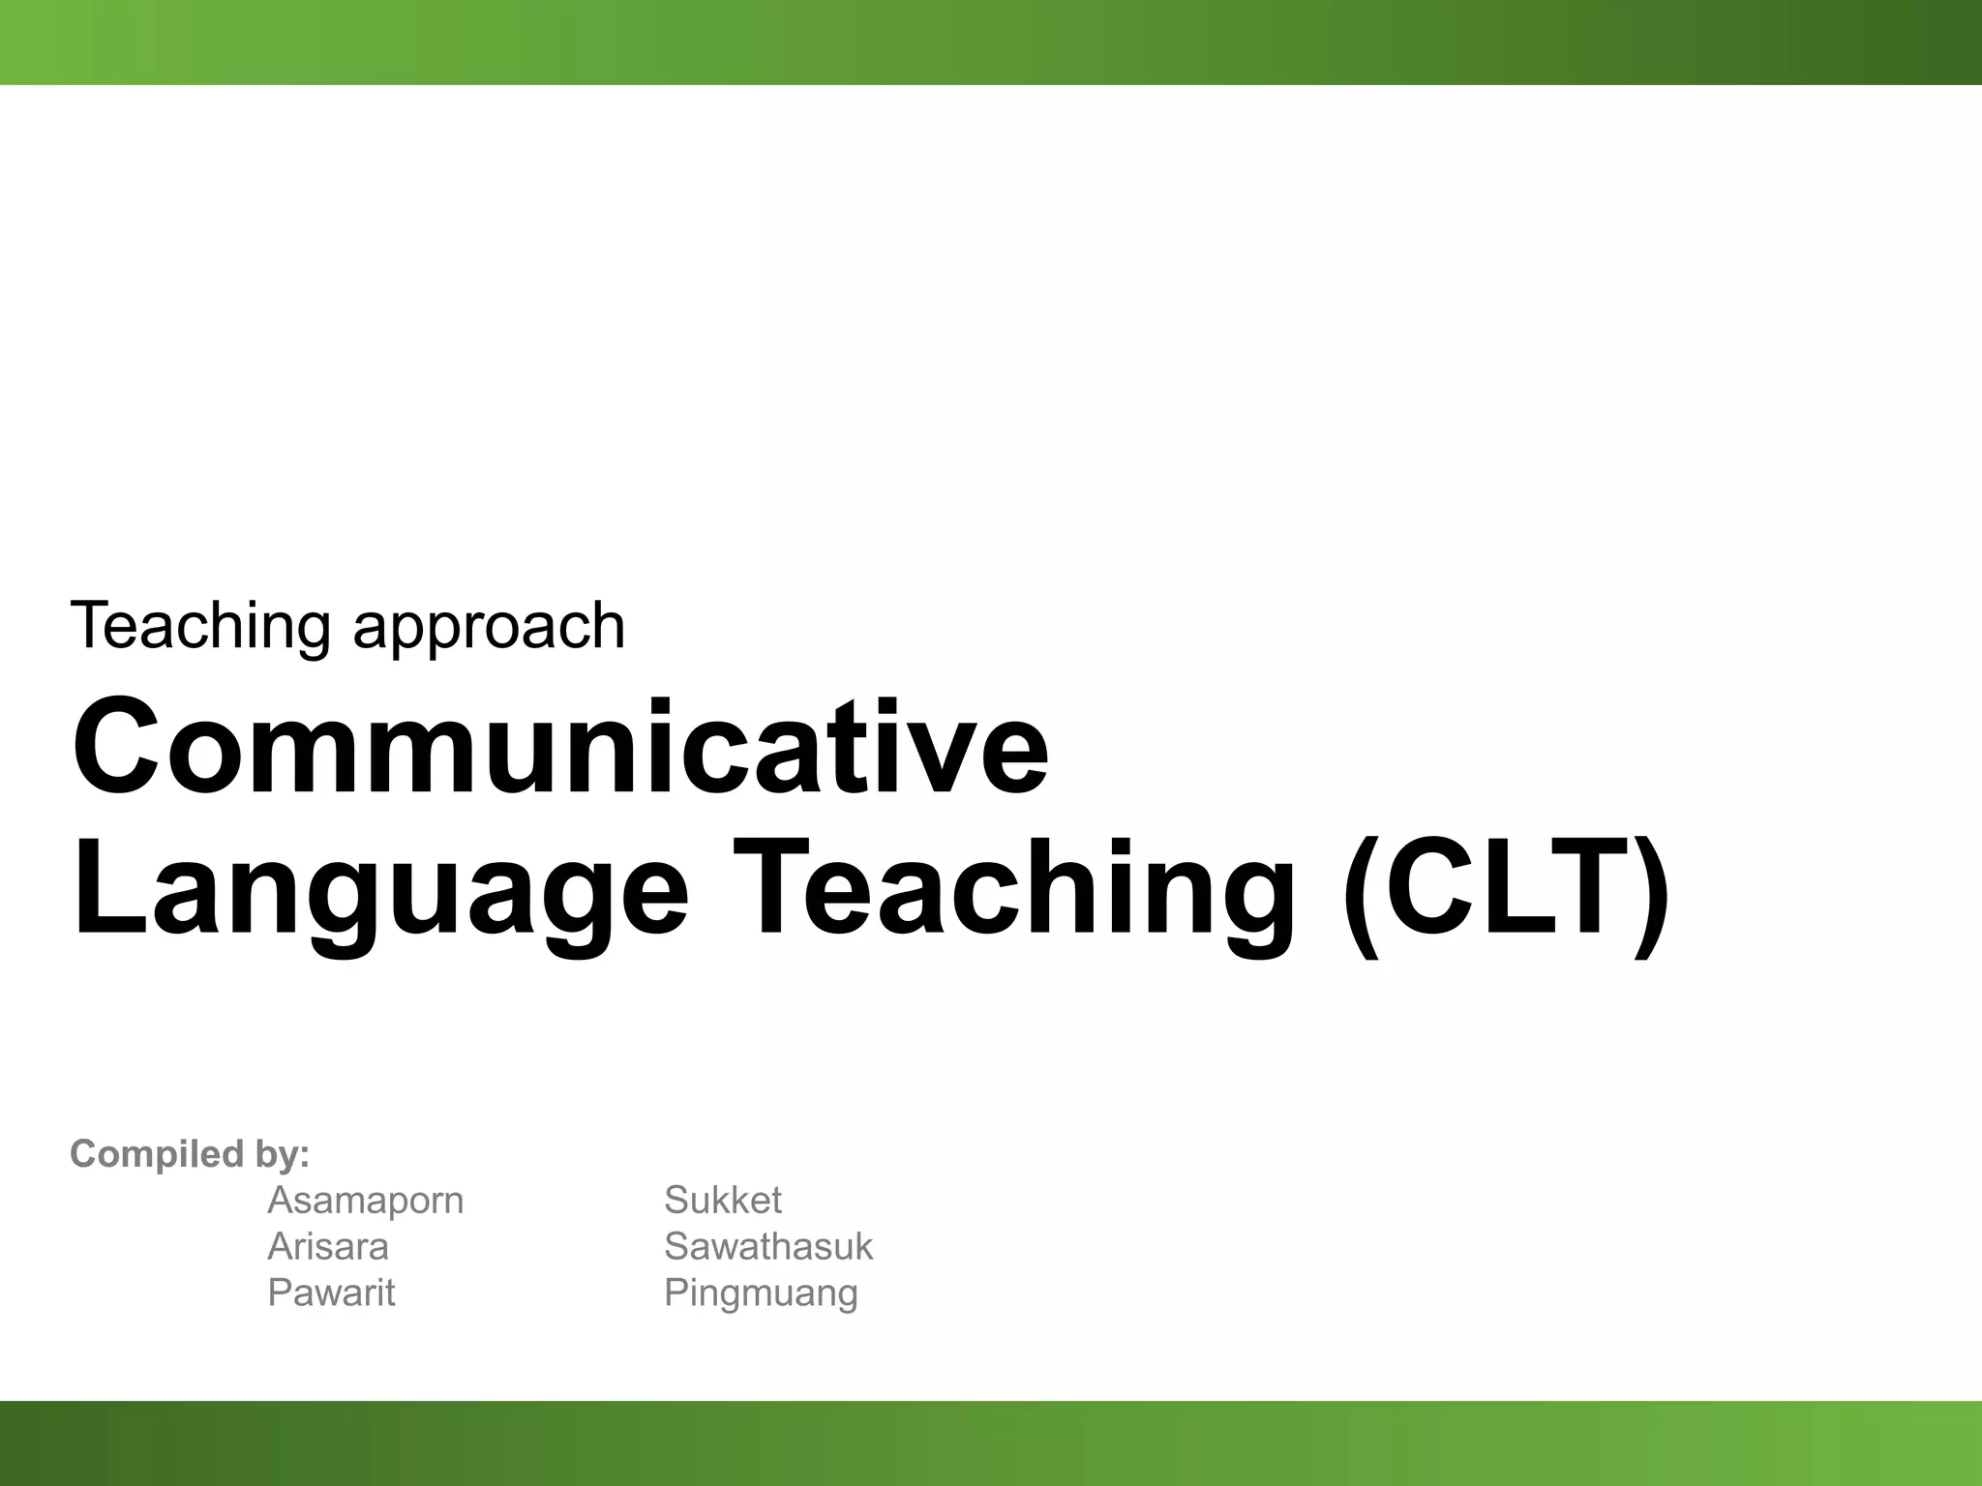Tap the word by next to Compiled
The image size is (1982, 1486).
click(282, 1155)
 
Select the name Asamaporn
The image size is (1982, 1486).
click(365, 1201)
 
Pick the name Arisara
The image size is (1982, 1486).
click(327, 1246)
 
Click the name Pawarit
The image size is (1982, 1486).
click(331, 1293)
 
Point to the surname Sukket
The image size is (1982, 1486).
click(722, 1201)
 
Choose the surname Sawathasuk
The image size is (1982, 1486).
click(767, 1246)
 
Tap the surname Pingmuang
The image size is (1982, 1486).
click(761, 1294)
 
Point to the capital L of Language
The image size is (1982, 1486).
click(103, 886)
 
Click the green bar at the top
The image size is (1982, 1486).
click(991, 42)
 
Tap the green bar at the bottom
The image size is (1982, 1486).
click(991, 1442)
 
